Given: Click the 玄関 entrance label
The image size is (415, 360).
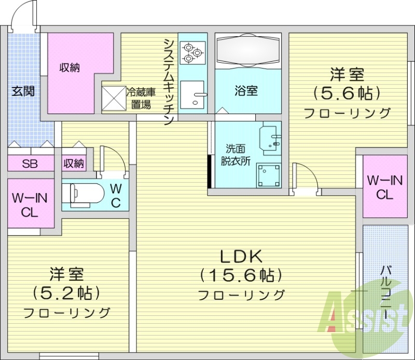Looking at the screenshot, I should [x=24, y=92].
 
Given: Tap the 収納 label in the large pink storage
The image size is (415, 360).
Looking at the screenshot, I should [x=69, y=67].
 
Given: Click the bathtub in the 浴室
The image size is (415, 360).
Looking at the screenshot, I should [x=248, y=51].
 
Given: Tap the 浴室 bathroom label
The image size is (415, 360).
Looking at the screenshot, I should [x=246, y=91].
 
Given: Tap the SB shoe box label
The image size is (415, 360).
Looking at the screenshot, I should [x=29, y=164].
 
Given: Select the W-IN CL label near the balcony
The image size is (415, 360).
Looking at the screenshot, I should [x=384, y=187].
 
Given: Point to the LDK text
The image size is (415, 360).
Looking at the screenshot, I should [x=242, y=257].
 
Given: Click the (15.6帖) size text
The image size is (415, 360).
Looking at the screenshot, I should [x=242, y=275].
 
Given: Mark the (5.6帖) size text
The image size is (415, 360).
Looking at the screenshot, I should [x=347, y=93].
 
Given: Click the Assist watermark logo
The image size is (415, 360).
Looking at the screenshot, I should [x=363, y=314].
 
